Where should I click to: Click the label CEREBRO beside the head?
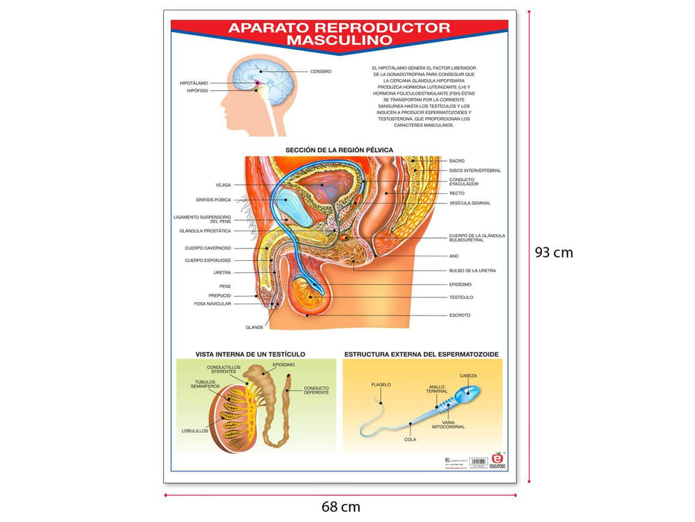(320, 72)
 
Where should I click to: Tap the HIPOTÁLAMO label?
(194, 83)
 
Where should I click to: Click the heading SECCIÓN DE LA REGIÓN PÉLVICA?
(339, 150)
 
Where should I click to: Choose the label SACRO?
(457, 160)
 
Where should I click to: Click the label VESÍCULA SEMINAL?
(469, 203)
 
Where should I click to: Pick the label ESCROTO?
(460, 315)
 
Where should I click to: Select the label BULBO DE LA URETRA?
(472, 271)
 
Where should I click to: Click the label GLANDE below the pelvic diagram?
(255, 327)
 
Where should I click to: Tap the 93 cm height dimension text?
(553, 252)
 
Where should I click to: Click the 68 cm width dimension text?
(340, 507)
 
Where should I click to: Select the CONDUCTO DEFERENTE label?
(317, 391)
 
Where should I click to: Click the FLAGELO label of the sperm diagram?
(381, 385)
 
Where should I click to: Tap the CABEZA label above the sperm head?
(468, 375)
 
